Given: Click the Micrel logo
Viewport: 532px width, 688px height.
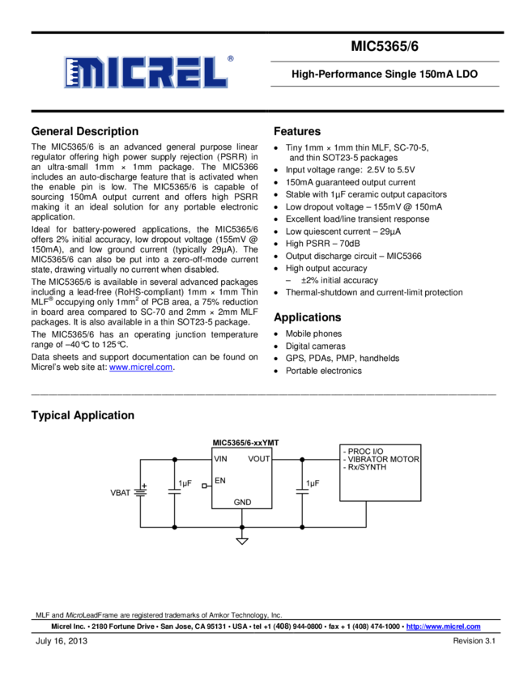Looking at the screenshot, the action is (x=146, y=72).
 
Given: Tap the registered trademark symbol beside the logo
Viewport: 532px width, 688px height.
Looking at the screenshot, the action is (x=231, y=58).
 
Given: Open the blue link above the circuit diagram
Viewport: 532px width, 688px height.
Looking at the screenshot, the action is (x=141, y=367).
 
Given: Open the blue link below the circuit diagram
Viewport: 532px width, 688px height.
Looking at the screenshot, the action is (x=443, y=626).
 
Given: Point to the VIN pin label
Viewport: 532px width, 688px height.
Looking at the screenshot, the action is (x=221, y=459).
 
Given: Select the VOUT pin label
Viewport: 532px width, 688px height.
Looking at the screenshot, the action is (x=259, y=459).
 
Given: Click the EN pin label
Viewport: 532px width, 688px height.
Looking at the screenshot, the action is (x=220, y=481).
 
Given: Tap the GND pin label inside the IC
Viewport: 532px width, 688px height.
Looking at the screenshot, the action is (x=242, y=502).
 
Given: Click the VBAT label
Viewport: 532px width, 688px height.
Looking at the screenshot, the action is (x=120, y=492).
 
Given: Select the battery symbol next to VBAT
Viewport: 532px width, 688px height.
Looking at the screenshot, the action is (x=140, y=492).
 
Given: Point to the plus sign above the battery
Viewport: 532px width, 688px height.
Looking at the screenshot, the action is (x=145, y=485).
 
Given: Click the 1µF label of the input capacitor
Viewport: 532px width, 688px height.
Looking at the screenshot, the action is (x=185, y=483).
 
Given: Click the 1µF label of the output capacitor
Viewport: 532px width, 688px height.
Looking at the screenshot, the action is (x=312, y=483).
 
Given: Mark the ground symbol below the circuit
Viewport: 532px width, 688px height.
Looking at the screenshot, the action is (x=242, y=540).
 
